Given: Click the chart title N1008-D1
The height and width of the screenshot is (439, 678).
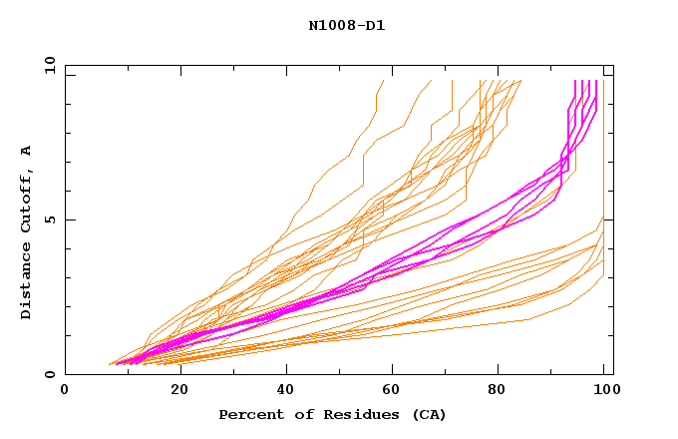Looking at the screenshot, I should point(346,25).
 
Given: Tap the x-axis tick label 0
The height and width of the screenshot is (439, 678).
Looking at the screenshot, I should point(65,390).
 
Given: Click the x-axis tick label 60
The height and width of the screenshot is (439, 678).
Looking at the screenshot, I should point(396,390).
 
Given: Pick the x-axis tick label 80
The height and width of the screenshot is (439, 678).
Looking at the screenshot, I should point(504,390).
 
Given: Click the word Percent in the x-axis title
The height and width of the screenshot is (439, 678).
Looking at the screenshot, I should point(246,414).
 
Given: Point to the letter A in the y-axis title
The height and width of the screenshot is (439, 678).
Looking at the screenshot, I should point(27,150).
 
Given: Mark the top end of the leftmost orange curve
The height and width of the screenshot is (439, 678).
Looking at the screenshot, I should point(383,81).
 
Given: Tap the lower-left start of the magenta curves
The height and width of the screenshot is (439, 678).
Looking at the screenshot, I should point(117,363).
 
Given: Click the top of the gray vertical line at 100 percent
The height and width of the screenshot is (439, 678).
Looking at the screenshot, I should point(603,81).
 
